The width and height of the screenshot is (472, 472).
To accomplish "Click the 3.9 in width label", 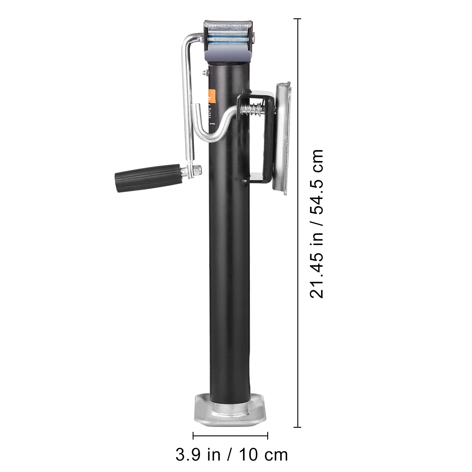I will (198, 455).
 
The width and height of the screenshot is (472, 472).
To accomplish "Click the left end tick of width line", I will (193, 435).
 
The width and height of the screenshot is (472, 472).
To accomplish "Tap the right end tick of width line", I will (268, 435).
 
